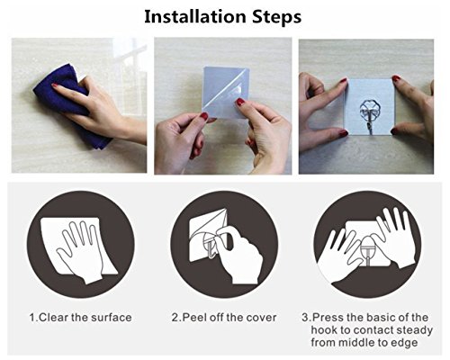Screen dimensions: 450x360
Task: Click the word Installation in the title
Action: (196, 17)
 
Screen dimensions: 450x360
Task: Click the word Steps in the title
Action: (276, 18)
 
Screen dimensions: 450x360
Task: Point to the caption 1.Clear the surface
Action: (80, 318)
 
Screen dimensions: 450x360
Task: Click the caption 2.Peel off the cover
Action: (224, 318)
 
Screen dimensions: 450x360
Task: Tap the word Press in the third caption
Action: (328, 318)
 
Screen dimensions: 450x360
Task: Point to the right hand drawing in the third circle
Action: (396, 237)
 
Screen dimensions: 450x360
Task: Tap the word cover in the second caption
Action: (261, 318)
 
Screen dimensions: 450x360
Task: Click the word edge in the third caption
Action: (405, 343)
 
